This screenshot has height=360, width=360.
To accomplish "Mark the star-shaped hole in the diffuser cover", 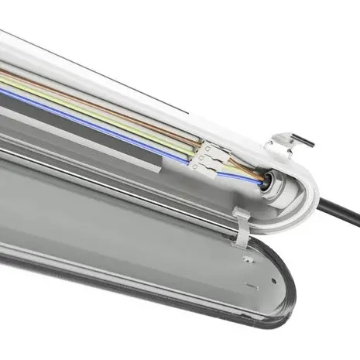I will [x=245, y=255].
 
